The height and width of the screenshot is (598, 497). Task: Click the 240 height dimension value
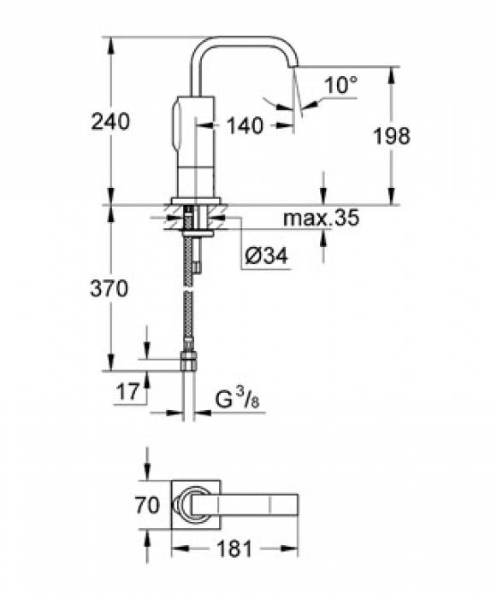tap(111, 122)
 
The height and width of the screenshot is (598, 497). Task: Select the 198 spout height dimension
tap(393, 135)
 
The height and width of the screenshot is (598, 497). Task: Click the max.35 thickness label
tap(321, 219)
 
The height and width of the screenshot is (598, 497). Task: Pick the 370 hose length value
tap(109, 290)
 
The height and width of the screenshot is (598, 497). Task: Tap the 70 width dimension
tap(147, 505)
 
